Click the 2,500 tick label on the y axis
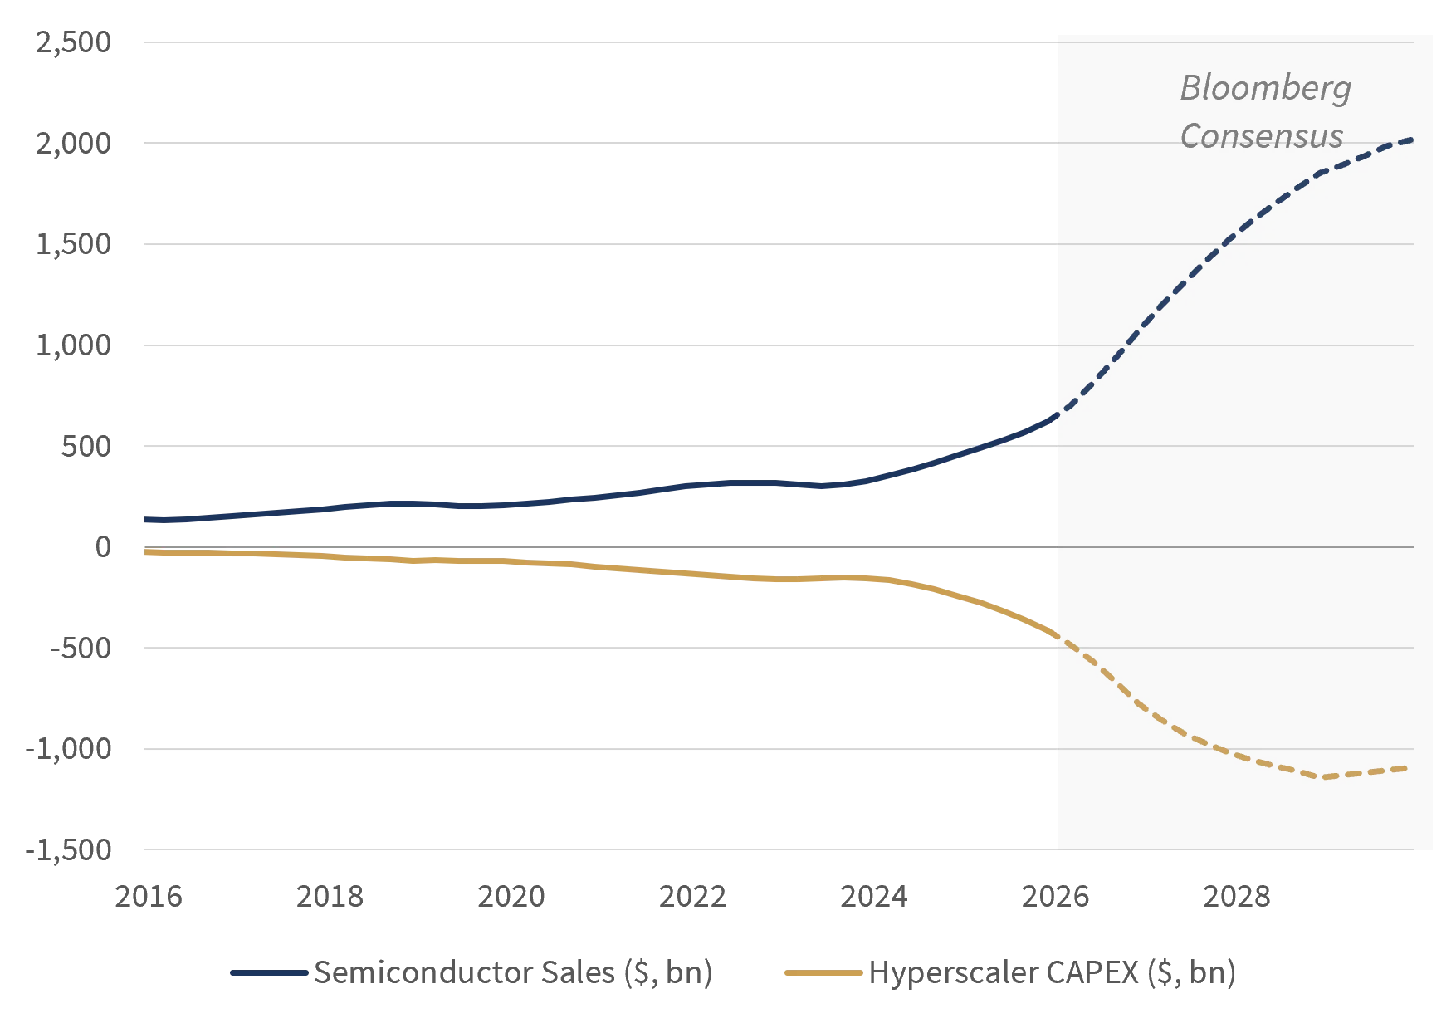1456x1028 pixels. click(73, 42)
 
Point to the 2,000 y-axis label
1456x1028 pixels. click(73, 143)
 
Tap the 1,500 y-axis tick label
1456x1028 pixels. click(73, 244)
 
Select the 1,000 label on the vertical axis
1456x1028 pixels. click(73, 345)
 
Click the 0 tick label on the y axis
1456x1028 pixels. click(103, 546)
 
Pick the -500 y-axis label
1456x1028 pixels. click(81, 648)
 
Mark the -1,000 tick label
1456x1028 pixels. click(68, 749)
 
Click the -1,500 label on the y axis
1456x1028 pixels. click(68, 849)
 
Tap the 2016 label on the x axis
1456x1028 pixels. click(149, 897)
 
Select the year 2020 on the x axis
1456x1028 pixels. click(511, 897)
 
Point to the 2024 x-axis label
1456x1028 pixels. click(874, 897)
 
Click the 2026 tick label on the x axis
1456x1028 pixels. click(1055, 897)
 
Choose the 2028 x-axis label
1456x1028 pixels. click(1237, 897)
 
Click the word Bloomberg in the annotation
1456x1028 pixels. click(1266, 89)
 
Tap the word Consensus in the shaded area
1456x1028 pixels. click(1262, 135)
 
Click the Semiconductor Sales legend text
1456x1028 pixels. click(513, 972)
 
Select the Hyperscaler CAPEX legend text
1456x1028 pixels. click(1053, 972)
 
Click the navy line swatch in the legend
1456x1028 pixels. click(269, 972)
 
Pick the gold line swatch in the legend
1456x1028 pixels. click(823, 972)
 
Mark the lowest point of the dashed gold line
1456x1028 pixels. click(1324, 777)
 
